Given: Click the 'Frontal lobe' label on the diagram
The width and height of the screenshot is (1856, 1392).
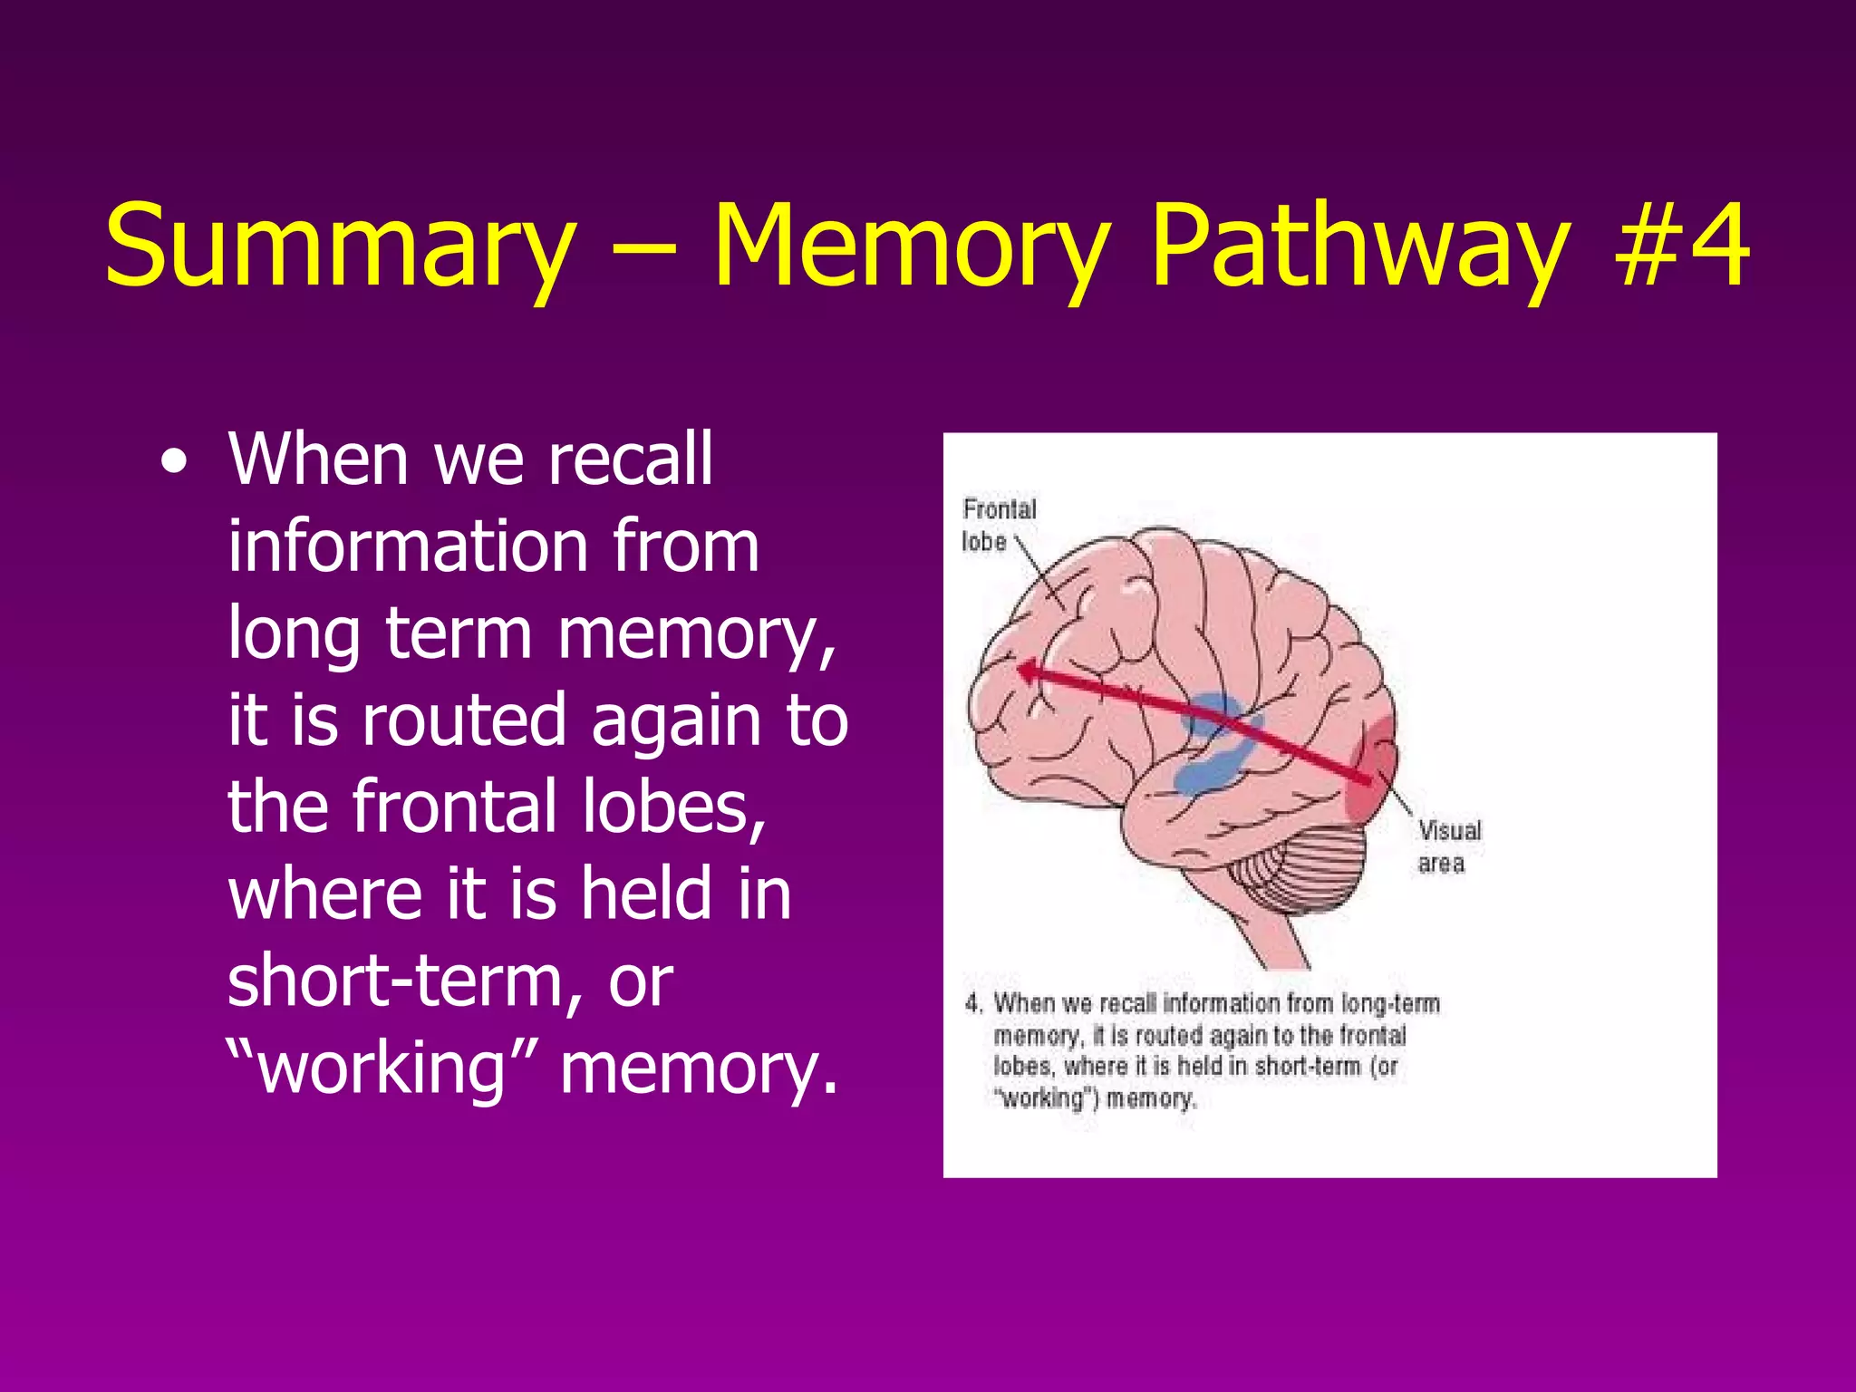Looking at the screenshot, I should click(998, 525).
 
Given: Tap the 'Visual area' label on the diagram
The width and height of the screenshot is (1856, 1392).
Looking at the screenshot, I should click(1448, 846).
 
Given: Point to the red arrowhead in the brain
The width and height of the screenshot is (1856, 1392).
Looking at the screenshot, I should click(1029, 672).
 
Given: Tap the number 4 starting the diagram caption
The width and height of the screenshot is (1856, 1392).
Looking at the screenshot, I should click(973, 1003).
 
